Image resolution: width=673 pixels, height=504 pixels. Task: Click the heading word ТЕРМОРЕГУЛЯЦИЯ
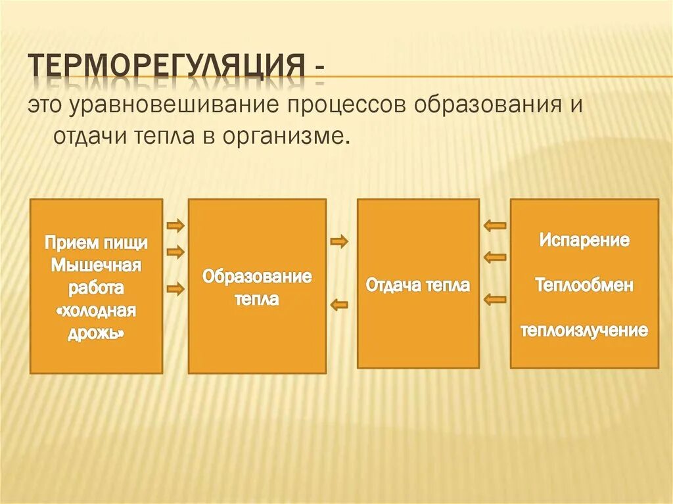pyautogui.click(x=167, y=66)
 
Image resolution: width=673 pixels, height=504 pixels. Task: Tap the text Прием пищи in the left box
pyautogui.click(x=96, y=242)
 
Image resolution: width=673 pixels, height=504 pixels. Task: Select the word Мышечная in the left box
pyautogui.click(x=96, y=265)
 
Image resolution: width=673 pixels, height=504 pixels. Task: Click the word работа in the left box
pyautogui.click(x=96, y=288)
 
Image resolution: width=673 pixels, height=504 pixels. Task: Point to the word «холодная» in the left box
pyautogui.click(x=96, y=310)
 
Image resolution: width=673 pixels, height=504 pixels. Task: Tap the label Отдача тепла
pyautogui.click(x=418, y=286)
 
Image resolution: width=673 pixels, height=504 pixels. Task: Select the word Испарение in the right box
pyautogui.click(x=584, y=240)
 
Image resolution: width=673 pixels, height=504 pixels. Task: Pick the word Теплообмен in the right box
pyautogui.click(x=584, y=285)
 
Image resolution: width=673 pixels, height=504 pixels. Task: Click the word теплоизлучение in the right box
pyautogui.click(x=584, y=330)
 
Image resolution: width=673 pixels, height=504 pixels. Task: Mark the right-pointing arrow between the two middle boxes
pyautogui.click(x=339, y=242)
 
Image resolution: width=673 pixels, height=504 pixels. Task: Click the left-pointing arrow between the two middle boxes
pyautogui.click(x=339, y=304)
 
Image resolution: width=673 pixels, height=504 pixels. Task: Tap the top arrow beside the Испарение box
pyautogui.click(x=495, y=225)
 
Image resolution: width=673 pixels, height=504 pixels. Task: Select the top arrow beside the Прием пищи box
pyautogui.click(x=175, y=226)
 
